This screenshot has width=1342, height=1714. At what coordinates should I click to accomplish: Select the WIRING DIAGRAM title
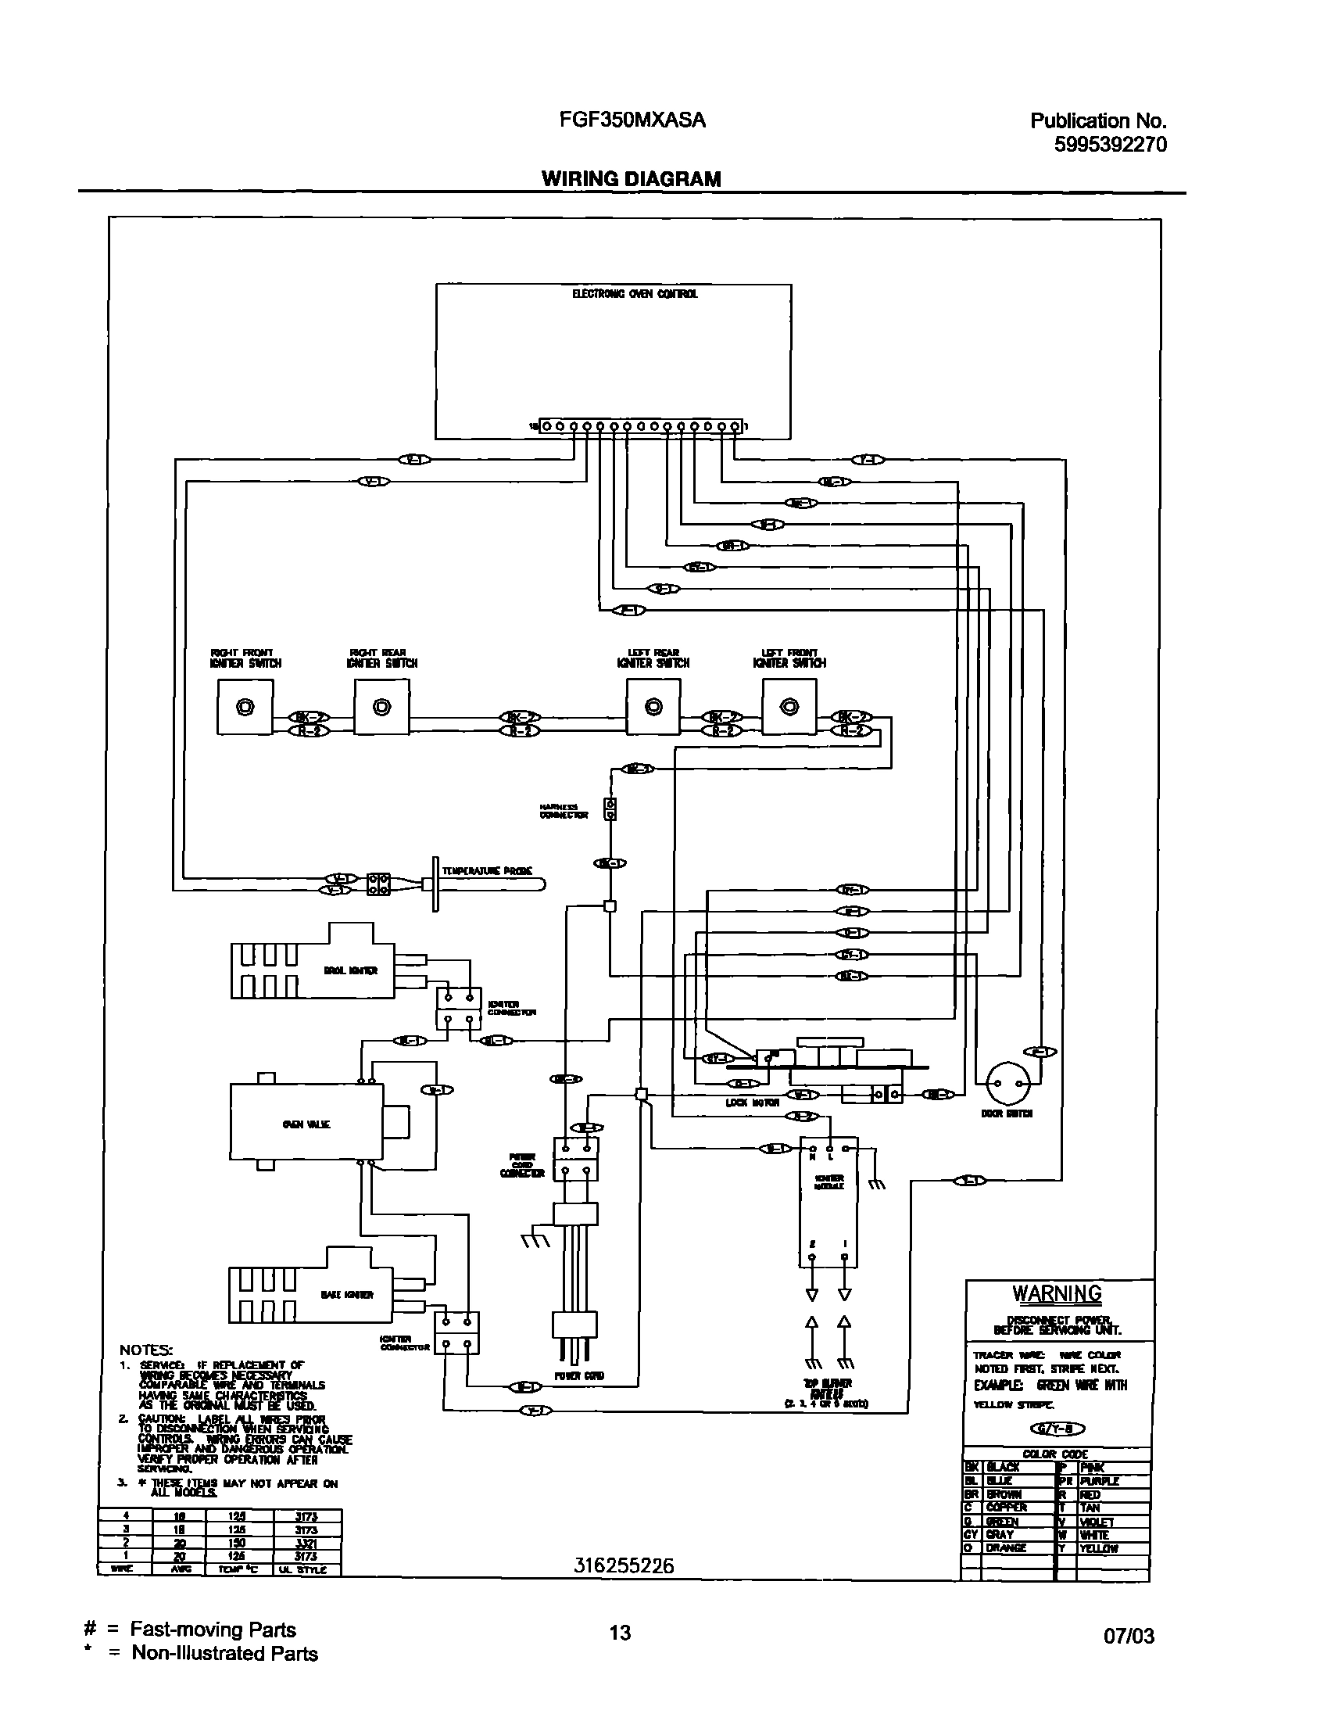coord(631,179)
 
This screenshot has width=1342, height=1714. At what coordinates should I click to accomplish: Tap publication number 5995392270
coord(1109,145)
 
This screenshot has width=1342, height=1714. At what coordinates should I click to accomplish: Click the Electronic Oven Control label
coord(634,294)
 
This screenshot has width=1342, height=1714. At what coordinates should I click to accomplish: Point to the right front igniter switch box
coord(245,708)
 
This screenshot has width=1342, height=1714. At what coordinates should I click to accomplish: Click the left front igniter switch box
coord(789,708)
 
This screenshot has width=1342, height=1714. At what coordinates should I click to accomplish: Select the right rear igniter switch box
coord(382,708)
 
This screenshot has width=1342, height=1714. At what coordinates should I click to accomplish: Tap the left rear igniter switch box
coord(653,708)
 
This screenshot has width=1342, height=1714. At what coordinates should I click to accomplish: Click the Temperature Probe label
coord(487,871)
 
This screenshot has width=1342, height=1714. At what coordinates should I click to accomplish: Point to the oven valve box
coord(306,1121)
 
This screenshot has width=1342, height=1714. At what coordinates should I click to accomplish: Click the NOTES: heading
coord(146,1350)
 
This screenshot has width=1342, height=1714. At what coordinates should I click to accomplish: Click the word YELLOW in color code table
coord(1098,1548)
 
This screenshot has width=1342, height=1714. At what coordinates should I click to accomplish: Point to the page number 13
coord(620,1632)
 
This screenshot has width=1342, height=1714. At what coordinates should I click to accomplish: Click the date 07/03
coord(1129,1637)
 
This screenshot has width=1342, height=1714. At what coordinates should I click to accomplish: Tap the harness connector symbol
coord(610,809)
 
